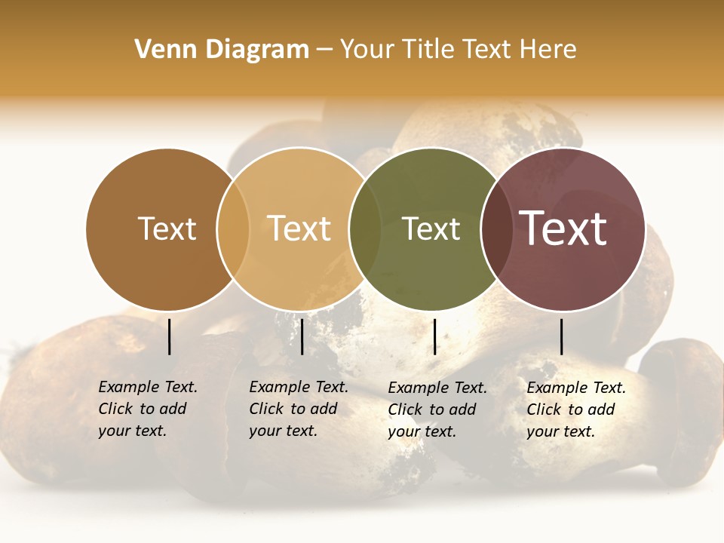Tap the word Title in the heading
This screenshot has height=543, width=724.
tap(429, 50)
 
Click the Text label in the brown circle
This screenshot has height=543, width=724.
tap(167, 229)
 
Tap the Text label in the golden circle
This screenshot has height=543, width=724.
tap(299, 229)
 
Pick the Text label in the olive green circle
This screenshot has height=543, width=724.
tap(431, 229)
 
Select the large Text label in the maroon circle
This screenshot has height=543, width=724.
tap(563, 229)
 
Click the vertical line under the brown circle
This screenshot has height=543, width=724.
tap(170, 336)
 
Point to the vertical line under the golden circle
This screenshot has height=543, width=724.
tap(302, 336)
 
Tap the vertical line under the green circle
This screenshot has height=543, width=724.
tap(434, 336)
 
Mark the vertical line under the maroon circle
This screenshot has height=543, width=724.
tap(561, 336)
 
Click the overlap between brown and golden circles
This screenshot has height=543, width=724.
tap(233, 229)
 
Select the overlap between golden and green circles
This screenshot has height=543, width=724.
tap(365, 229)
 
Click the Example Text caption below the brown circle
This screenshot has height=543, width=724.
tap(147, 409)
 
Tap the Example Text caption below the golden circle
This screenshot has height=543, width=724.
tap(298, 409)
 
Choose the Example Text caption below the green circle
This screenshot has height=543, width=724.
tap(437, 410)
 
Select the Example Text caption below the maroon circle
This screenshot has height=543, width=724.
tap(575, 410)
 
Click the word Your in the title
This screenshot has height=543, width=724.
tap(370, 50)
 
